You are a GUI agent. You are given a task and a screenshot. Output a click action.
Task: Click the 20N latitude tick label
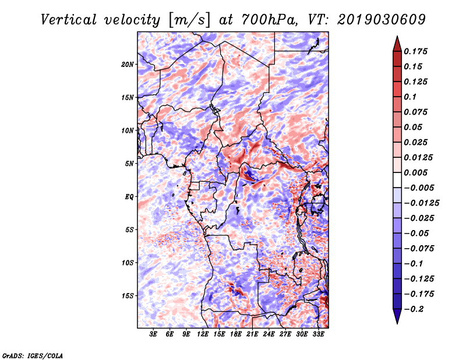click(128, 65)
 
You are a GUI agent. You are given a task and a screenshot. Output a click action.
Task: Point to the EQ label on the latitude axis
click(129, 197)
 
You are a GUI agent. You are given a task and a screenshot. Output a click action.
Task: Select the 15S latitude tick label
click(128, 296)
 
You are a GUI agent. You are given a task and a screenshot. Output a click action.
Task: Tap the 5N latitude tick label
click(129, 164)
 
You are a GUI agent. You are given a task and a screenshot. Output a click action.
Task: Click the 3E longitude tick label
click(153, 334)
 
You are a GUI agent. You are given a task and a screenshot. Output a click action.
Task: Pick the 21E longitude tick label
click(252, 334)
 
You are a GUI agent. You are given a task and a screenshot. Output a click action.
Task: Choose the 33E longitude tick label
click(318, 334)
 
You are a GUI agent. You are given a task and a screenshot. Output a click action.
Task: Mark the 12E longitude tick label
click(203, 334)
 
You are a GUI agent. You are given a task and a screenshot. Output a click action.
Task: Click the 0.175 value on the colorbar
click(415, 51)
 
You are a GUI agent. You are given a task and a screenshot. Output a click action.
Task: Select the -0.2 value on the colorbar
click(414, 309)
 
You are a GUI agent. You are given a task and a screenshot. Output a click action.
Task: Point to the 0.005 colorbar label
click(415, 172)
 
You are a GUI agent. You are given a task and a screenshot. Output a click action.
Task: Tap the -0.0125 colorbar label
click(421, 203)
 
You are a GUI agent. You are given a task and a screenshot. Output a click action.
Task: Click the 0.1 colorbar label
click(410, 97)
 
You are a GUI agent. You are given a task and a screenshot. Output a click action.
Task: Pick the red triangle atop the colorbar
click(397, 44)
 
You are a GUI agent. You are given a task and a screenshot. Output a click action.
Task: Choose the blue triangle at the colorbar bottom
click(397, 316)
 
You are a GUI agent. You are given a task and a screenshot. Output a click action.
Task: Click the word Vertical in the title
click(69, 20)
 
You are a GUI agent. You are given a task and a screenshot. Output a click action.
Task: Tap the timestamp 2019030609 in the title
click(382, 20)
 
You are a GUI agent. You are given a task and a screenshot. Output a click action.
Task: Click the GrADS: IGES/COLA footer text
click(33, 355)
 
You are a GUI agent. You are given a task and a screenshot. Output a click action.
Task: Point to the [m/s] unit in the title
click(189, 20)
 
